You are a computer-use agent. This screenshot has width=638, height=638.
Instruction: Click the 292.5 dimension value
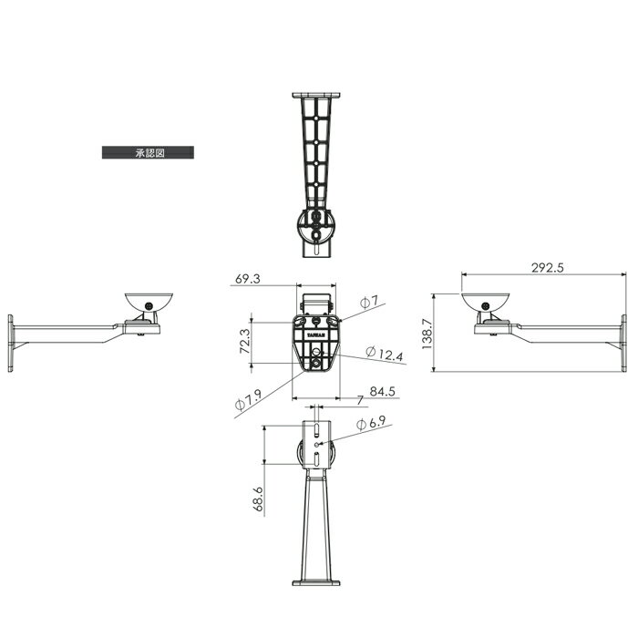pyautogui.click(x=547, y=268)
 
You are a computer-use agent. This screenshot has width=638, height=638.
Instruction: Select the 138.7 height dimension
pyautogui.click(x=427, y=332)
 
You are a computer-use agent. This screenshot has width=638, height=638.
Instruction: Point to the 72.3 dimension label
pyautogui.click(x=245, y=343)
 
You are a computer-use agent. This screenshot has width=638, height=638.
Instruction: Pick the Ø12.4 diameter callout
pyautogui.click(x=384, y=352)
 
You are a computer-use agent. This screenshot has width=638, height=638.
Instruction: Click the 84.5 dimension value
pyautogui.click(x=381, y=393)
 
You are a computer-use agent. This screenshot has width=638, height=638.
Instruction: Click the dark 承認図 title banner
pyautogui.click(x=147, y=153)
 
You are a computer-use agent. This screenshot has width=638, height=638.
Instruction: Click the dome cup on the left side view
pyautogui.click(x=147, y=302)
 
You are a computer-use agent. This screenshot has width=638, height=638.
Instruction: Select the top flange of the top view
pyautogui.click(x=316, y=95)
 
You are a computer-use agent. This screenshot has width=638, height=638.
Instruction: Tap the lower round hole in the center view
pyautogui.click(x=316, y=364)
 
